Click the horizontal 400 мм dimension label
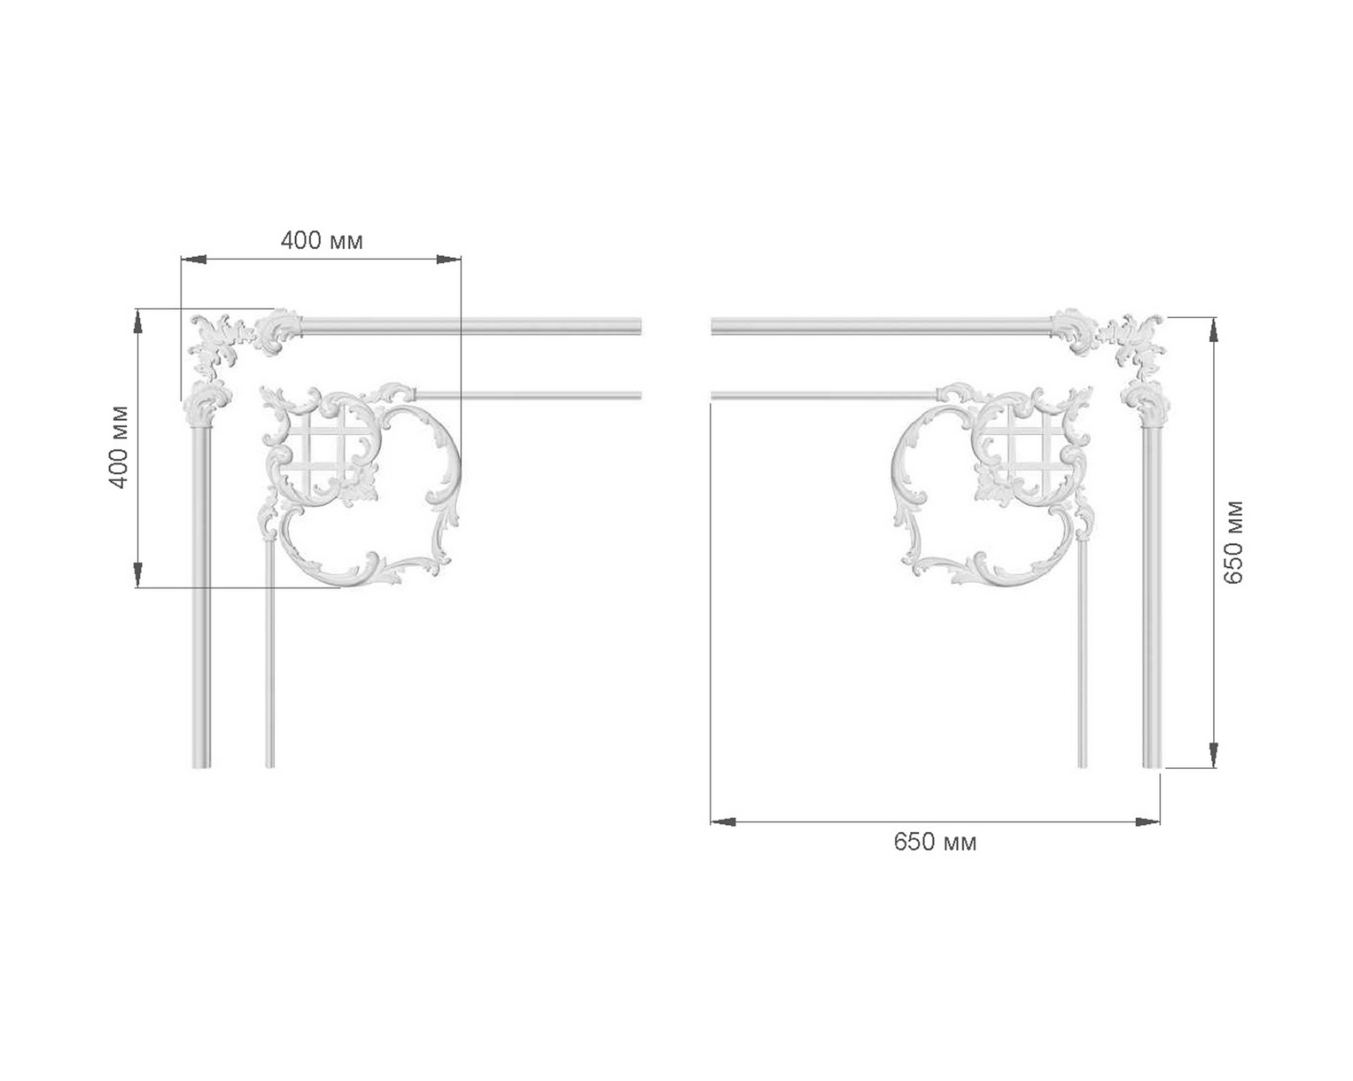[x=322, y=241]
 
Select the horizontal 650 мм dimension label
[x=935, y=842]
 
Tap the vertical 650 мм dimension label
[x=1233, y=542]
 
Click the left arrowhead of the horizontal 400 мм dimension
[x=194, y=259]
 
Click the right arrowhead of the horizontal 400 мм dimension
[x=448, y=259]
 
